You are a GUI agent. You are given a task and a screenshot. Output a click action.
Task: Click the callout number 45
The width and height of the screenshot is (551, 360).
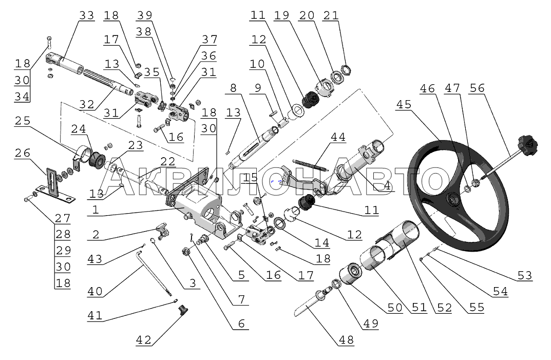click(x=404, y=104)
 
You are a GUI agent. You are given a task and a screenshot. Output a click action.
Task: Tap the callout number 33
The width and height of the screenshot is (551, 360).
click(x=86, y=15)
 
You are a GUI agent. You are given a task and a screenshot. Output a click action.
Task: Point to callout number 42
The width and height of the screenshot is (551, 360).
click(x=144, y=339)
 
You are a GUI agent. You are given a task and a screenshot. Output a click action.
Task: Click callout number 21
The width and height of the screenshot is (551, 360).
click(x=331, y=15)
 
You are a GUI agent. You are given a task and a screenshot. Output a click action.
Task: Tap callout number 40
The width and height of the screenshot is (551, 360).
click(x=94, y=291)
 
